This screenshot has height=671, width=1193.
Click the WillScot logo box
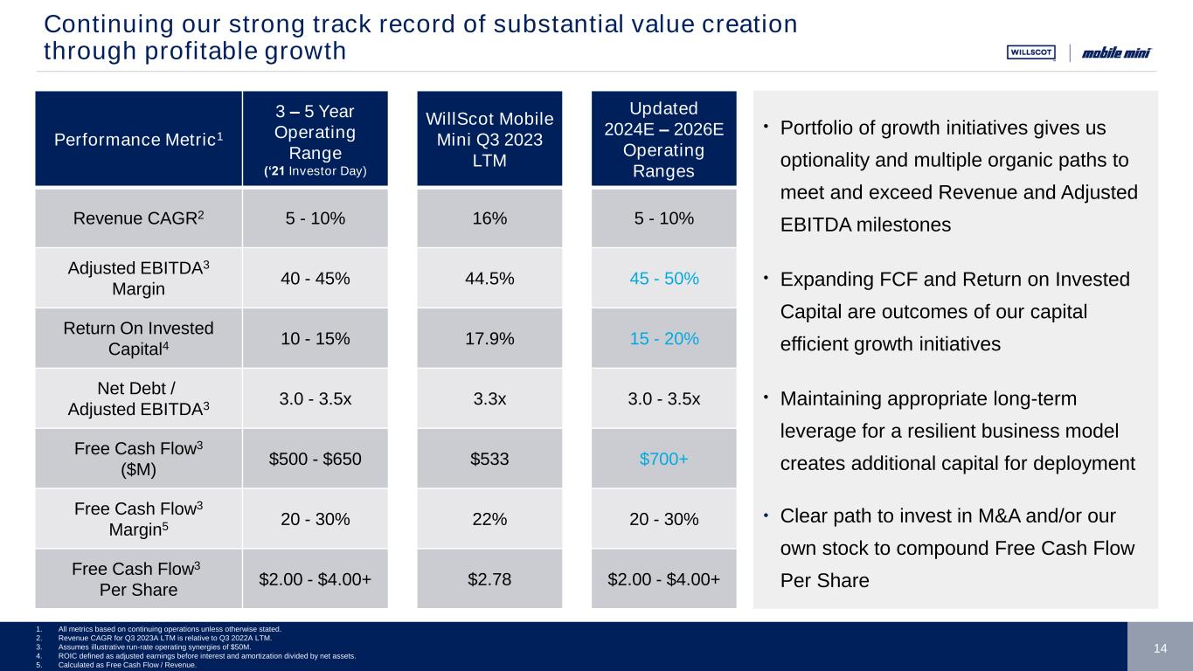(x=1031, y=52)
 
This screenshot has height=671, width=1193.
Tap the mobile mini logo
(x=1116, y=52)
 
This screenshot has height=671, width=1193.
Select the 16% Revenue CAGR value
(x=489, y=218)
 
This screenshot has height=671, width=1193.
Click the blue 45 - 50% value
(x=663, y=279)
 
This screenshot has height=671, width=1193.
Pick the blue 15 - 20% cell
(x=663, y=339)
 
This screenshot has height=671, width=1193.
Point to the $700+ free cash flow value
(x=663, y=459)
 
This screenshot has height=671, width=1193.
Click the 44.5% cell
(x=489, y=279)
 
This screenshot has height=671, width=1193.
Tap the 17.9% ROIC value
(x=489, y=339)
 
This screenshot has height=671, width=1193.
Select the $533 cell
(x=489, y=459)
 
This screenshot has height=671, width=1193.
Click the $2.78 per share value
(x=489, y=579)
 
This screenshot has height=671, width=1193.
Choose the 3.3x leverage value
(x=489, y=399)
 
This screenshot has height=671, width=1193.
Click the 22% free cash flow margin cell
(x=489, y=519)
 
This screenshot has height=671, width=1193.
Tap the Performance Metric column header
(x=138, y=139)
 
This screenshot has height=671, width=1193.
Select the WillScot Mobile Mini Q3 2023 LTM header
(x=489, y=140)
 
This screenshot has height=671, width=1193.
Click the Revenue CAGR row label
(x=138, y=218)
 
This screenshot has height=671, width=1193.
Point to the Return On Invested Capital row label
(x=138, y=339)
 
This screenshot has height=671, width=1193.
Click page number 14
(x=1160, y=648)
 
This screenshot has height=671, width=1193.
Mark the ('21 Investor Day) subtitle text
(x=316, y=171)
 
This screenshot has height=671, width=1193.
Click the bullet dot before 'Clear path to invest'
(x=766, y=515)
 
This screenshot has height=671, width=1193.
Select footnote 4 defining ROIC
(x=206, y=656)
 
